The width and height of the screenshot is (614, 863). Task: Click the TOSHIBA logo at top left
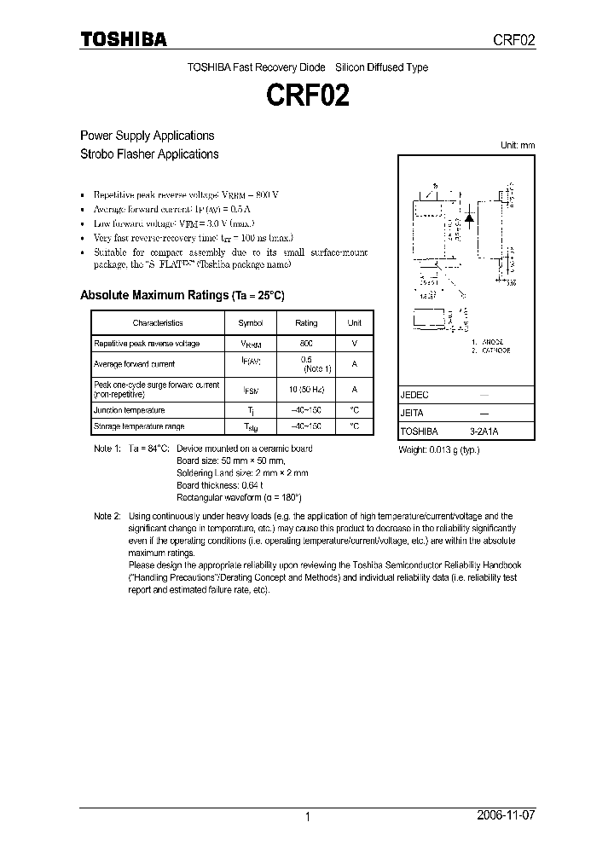click(123, 40)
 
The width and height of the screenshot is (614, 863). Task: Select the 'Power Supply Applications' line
click(147, 136)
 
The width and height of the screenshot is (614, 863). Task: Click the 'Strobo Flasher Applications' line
click(149, 154)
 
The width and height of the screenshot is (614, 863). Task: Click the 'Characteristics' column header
click(158, 323)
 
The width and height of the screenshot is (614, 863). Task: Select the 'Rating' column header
click(306, 323)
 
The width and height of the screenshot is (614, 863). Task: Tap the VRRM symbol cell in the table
click(251, 345)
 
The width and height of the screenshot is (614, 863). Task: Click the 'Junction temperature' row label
click(130, 410)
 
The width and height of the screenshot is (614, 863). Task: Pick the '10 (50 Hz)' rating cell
click(306, 390)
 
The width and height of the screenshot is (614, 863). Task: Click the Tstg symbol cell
click(251, 426)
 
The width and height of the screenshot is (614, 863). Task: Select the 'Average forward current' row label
click(134, 364)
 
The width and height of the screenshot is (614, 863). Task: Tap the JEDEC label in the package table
click(414, 396)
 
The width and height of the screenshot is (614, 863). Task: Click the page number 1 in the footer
click(307, 817)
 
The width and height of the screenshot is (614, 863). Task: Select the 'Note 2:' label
click(107, 517)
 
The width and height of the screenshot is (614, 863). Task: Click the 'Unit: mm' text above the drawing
click(517, 145)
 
